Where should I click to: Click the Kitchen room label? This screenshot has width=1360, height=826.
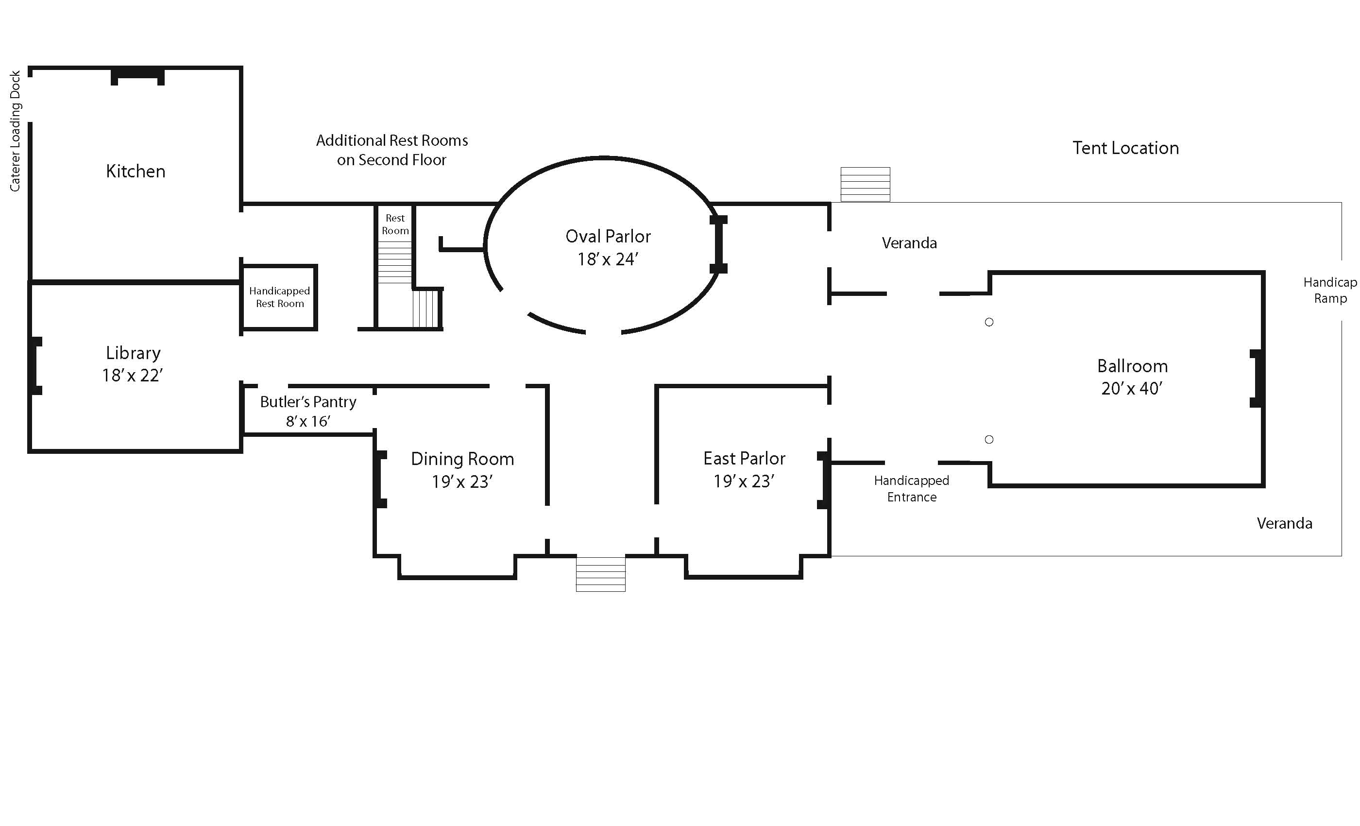[136, 171]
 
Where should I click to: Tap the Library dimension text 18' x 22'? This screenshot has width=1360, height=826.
[133, 376]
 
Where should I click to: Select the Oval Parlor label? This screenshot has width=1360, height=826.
[608, 236]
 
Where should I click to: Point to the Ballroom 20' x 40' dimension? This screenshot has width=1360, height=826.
[1132, 389]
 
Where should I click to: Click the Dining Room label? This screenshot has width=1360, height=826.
[462, 459]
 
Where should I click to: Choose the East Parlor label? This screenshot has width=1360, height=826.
[744, 458]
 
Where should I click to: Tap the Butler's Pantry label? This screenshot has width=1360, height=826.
[308, 402]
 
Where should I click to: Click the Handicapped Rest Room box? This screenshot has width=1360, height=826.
[279, 297]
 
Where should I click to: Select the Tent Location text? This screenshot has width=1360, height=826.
[1126, 148]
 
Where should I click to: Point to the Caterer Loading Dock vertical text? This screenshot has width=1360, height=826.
[15, 131]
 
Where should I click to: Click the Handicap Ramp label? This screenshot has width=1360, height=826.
[1330, 291]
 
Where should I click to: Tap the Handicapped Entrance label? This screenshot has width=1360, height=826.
[912, 489]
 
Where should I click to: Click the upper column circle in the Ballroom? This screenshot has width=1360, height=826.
[989, 322]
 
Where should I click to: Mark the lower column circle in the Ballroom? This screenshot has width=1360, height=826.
[989, 440]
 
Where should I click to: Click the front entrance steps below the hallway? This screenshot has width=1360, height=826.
[600, 574]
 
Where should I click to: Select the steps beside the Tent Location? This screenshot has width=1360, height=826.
[865, 185]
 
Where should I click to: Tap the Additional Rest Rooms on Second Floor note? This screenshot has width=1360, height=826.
[392, 150]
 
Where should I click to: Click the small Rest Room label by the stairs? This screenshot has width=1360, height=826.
[395, 224]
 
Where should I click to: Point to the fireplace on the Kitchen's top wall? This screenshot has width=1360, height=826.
[137, 76]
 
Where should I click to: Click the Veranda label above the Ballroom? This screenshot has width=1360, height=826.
[909, 243]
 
